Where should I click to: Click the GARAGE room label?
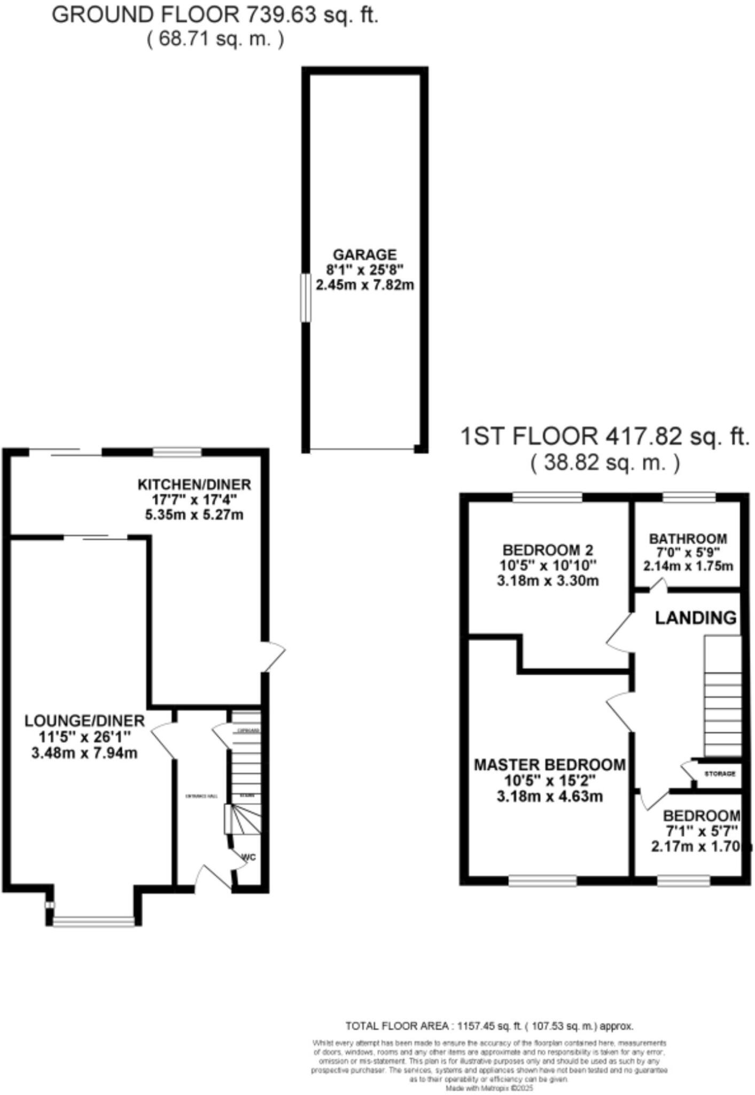point(365,255)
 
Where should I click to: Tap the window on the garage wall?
point(306,298)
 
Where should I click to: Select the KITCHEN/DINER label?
point(194,485)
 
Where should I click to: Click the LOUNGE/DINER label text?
point(84,721)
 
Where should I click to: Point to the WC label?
point(249,857)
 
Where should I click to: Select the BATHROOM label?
point(688,538)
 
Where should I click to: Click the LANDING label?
point(696,618)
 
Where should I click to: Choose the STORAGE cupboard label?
point(720,774)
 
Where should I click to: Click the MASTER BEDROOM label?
point(549,765)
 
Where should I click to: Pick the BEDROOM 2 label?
point(548,550)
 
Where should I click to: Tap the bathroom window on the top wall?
point(689,498)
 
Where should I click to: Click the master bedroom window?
point(542,881)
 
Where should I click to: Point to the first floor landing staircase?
point(722,695)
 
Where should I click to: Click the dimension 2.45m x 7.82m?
point(365,285)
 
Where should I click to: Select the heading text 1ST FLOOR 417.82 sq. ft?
point(605,437)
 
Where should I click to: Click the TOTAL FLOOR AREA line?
point(489,1026)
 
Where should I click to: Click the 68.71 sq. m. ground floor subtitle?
point(215,40)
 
